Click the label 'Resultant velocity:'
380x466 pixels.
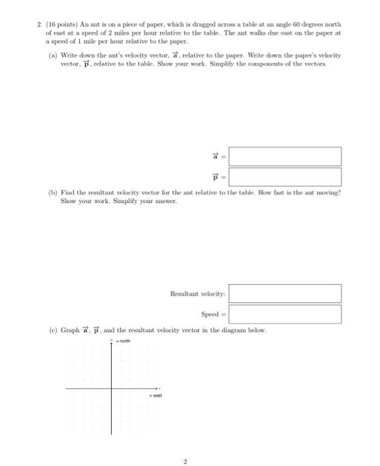pyautogui.click(x=198, y=294)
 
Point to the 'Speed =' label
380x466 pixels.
pyautogui.click(x=214, y=314)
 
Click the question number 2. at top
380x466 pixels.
pyautogui.click(x=40, y=25)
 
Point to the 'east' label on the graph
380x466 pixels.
pyautogui.click(x=156, y=395)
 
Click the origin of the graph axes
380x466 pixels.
pyautogui.click(x=111, y=387)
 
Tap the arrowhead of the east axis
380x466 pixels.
pyautogui.click(x=158, y=387)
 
